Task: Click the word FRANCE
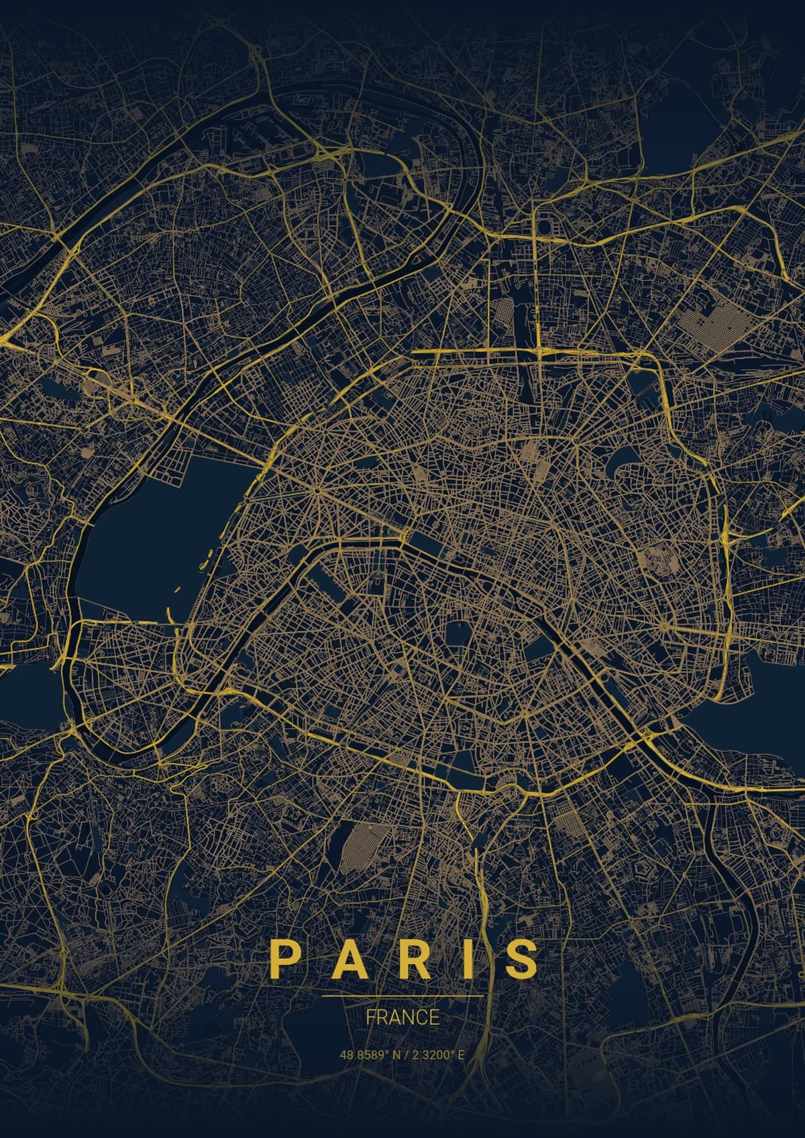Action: click(x=402, y=1017)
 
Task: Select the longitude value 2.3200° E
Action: click(x=437, y=1054)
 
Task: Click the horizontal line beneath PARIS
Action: click(x=402, y=997)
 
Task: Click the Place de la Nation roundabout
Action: click(x=664, y=627)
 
